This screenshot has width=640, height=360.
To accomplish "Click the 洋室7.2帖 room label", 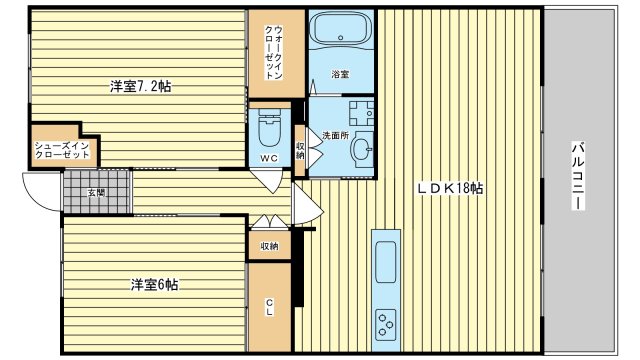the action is tap(140, 86).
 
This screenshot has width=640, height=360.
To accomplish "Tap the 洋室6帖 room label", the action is tap(154, 284).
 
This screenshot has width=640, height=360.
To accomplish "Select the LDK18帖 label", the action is tap(450, 188).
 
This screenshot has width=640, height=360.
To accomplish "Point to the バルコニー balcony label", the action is tap(578, 176).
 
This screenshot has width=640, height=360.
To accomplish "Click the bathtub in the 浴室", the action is tap(341, 29).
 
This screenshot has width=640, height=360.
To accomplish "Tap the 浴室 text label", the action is tap(340, 74).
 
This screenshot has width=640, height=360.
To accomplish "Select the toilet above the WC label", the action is tap(269, 127).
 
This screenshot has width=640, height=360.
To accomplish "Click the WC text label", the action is tap(269, 158).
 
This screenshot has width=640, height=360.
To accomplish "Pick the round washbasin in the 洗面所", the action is tap(362, 149).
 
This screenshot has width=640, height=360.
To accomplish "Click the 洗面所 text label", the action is tap(336, 136).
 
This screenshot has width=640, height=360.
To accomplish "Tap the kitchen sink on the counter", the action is tap(386, 261).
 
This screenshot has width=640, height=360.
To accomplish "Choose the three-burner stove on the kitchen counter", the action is tap(386, 323).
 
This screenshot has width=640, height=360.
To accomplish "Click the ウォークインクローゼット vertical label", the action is tap(274, 52).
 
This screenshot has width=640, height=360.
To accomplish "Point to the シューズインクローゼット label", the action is tap(62, 150).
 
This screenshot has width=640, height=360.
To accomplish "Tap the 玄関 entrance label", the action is tap(97, 192).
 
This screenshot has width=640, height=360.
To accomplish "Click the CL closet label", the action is tap(269, 307).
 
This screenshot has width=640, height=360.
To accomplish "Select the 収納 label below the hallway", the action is tap(269, 246).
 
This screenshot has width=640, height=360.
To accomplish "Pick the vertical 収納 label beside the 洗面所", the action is tap(300, 151).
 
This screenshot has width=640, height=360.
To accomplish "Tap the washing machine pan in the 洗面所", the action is tap(362, 113).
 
